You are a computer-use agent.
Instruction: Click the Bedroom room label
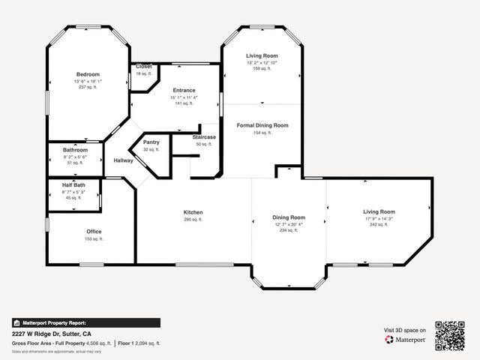point(88,74)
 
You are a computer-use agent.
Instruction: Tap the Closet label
point(143,67)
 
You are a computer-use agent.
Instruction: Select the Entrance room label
point(184,90)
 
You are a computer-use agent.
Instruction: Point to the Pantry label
point(151,142)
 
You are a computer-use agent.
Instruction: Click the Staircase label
point(204,136)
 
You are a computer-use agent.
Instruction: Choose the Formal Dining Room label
point(262,125)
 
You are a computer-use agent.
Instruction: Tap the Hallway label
point(123,160)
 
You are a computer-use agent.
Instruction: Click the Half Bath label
point(73,184)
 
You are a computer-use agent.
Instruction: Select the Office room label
point(94,231)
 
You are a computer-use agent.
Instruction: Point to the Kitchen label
point(193,212)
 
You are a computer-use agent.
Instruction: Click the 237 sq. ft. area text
point(88,87)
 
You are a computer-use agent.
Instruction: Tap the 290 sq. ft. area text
point(193,220)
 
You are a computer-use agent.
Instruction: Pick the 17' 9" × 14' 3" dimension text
point(379,218)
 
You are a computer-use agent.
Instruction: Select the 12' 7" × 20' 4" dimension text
point(288,224)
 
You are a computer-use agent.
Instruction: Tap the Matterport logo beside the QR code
point(406,340)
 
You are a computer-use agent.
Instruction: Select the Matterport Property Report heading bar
point(85,322)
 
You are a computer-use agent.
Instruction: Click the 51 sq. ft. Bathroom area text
point(75,162)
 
